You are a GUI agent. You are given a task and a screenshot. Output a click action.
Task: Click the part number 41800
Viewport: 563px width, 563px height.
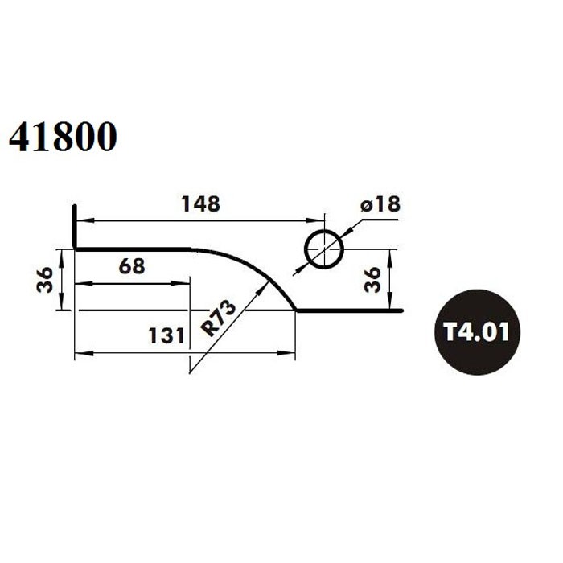pyautogui.click(x=63, y=137)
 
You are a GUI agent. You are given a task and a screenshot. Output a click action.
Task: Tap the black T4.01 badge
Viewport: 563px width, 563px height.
pyautogui.click(x=477, y=331)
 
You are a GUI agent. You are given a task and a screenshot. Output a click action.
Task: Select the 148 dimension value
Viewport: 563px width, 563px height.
pyautogui.click(x=201, y=203)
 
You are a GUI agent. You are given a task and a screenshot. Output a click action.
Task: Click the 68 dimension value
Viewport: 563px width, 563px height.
pyautogui.click(x=132, y=266)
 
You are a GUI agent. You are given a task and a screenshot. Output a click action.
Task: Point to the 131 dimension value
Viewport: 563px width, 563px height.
pyautogui.click(x=166, y=336)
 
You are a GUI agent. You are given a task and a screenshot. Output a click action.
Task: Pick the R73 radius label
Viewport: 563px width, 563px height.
pyautogui.click(x=218, y=318)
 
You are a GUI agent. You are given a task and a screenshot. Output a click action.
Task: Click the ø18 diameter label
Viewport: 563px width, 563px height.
pyautogui.click(x=380, y=203)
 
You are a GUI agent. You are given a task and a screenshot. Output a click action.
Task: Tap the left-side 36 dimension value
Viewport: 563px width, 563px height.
pyautogui.click(x=45, y=280)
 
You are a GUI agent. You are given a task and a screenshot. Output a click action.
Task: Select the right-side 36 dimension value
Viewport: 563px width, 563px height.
pyautogui.click(x=372, y=280)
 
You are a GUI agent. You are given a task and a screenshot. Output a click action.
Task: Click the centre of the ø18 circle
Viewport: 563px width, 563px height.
pyautogui.click(x=324, y=249)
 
